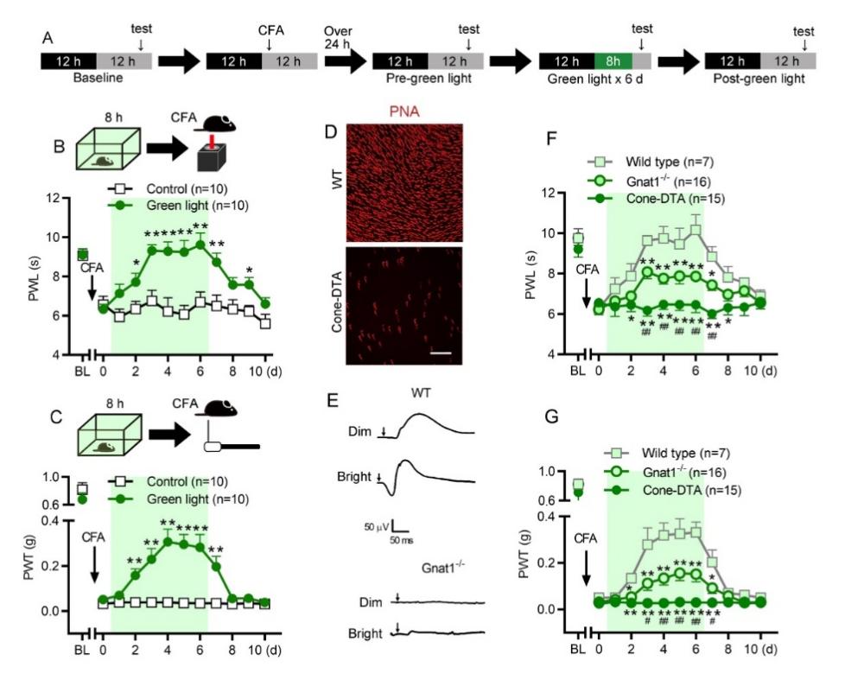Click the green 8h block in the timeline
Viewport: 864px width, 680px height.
point(613,61)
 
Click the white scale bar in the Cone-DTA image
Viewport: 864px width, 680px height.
point(442,353)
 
